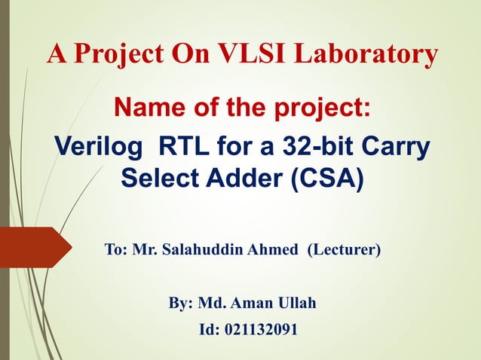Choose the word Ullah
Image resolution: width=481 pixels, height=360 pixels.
pos(296,304)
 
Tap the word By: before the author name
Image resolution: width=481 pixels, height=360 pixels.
pos(181,304)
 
